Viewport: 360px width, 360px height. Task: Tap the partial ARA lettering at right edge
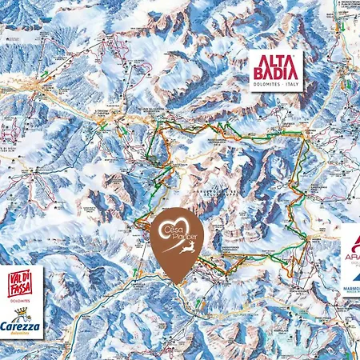[353, 258]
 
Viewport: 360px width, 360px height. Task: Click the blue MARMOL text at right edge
[351, 292]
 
